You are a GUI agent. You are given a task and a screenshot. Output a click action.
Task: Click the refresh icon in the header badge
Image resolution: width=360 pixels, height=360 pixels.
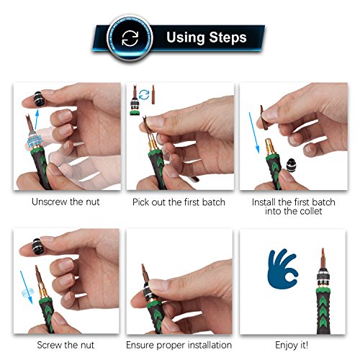pyautogui.click(x=130, y=38)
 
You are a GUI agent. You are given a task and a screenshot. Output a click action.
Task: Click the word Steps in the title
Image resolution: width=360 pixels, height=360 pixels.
pyautogui.click(x=228, y=37)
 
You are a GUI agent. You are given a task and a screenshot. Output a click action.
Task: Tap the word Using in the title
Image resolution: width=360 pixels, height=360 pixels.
pyautogui.click(x=186, y=38)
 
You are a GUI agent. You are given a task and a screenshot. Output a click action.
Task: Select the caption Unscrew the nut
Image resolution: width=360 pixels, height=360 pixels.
pyautogui.click(x=66, y=202)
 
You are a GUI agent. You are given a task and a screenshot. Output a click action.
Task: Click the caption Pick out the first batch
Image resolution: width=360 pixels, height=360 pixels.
pyautogui.click(x=179, y=202)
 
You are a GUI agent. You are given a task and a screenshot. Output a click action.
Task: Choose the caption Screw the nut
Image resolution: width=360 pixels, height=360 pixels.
pyautogui.click(x=66, y=345)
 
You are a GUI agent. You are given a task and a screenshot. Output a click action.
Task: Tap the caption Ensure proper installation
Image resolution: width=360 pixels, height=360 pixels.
pyautogui.click(x=179, y=345)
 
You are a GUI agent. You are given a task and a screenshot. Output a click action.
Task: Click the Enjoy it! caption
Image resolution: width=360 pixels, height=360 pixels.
pyautogui.click(x=292, y=345)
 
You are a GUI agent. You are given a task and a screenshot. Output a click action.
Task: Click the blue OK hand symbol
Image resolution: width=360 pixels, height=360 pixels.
pyautogui.click(x=282, y=269)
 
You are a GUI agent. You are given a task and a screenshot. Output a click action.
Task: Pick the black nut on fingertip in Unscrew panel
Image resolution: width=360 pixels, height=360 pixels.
pyautogui.click(x=40, y=99)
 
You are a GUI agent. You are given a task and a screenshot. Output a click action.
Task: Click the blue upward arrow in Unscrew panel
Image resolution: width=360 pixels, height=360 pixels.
pyautogui.click(x=36, y=120)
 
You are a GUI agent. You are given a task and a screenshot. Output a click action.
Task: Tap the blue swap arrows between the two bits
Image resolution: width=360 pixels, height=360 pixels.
pyautogui.click(x=144, y=95)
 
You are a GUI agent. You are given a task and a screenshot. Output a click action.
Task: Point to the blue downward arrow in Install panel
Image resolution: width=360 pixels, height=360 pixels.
pyautogui.click(x=254, y=132)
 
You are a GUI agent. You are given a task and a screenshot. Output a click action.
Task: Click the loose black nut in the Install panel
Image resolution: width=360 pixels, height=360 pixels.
pyautogui.click(x=291, y=165)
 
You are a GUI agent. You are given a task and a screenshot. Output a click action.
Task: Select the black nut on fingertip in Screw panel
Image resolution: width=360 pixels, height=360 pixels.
pyautogui.click(x=38, y=246)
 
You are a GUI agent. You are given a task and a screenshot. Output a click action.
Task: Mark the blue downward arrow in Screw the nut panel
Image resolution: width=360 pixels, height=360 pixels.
pyautogui.click(x=27, y=287)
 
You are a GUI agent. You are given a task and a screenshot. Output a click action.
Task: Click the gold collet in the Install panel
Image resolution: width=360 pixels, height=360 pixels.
pyautogui.click(x=270, y=147)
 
